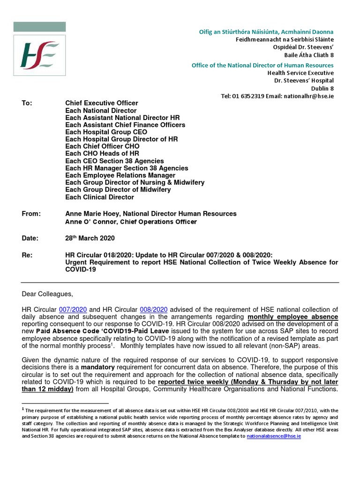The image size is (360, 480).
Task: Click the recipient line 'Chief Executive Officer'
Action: tap(102, 103)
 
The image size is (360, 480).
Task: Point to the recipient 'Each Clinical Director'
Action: tap(99, 197)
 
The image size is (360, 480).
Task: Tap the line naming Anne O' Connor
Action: tap(131, 222)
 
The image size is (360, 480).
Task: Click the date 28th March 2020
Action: tap(90, 238)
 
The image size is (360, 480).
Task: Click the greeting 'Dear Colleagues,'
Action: tap(48, 294)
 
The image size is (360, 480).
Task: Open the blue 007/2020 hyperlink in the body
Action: tap(73, 309)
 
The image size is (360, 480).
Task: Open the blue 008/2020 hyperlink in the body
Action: tap(153, 309)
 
